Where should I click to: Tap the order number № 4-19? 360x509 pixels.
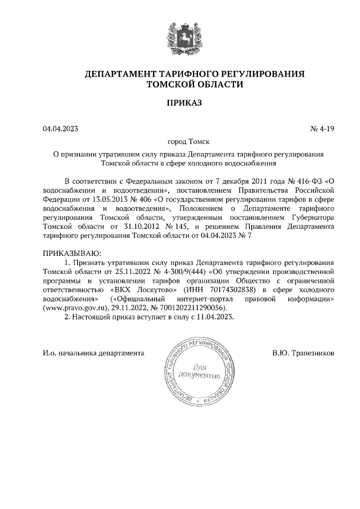[322, 129]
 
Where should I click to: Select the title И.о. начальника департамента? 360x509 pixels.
[94, 353]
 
